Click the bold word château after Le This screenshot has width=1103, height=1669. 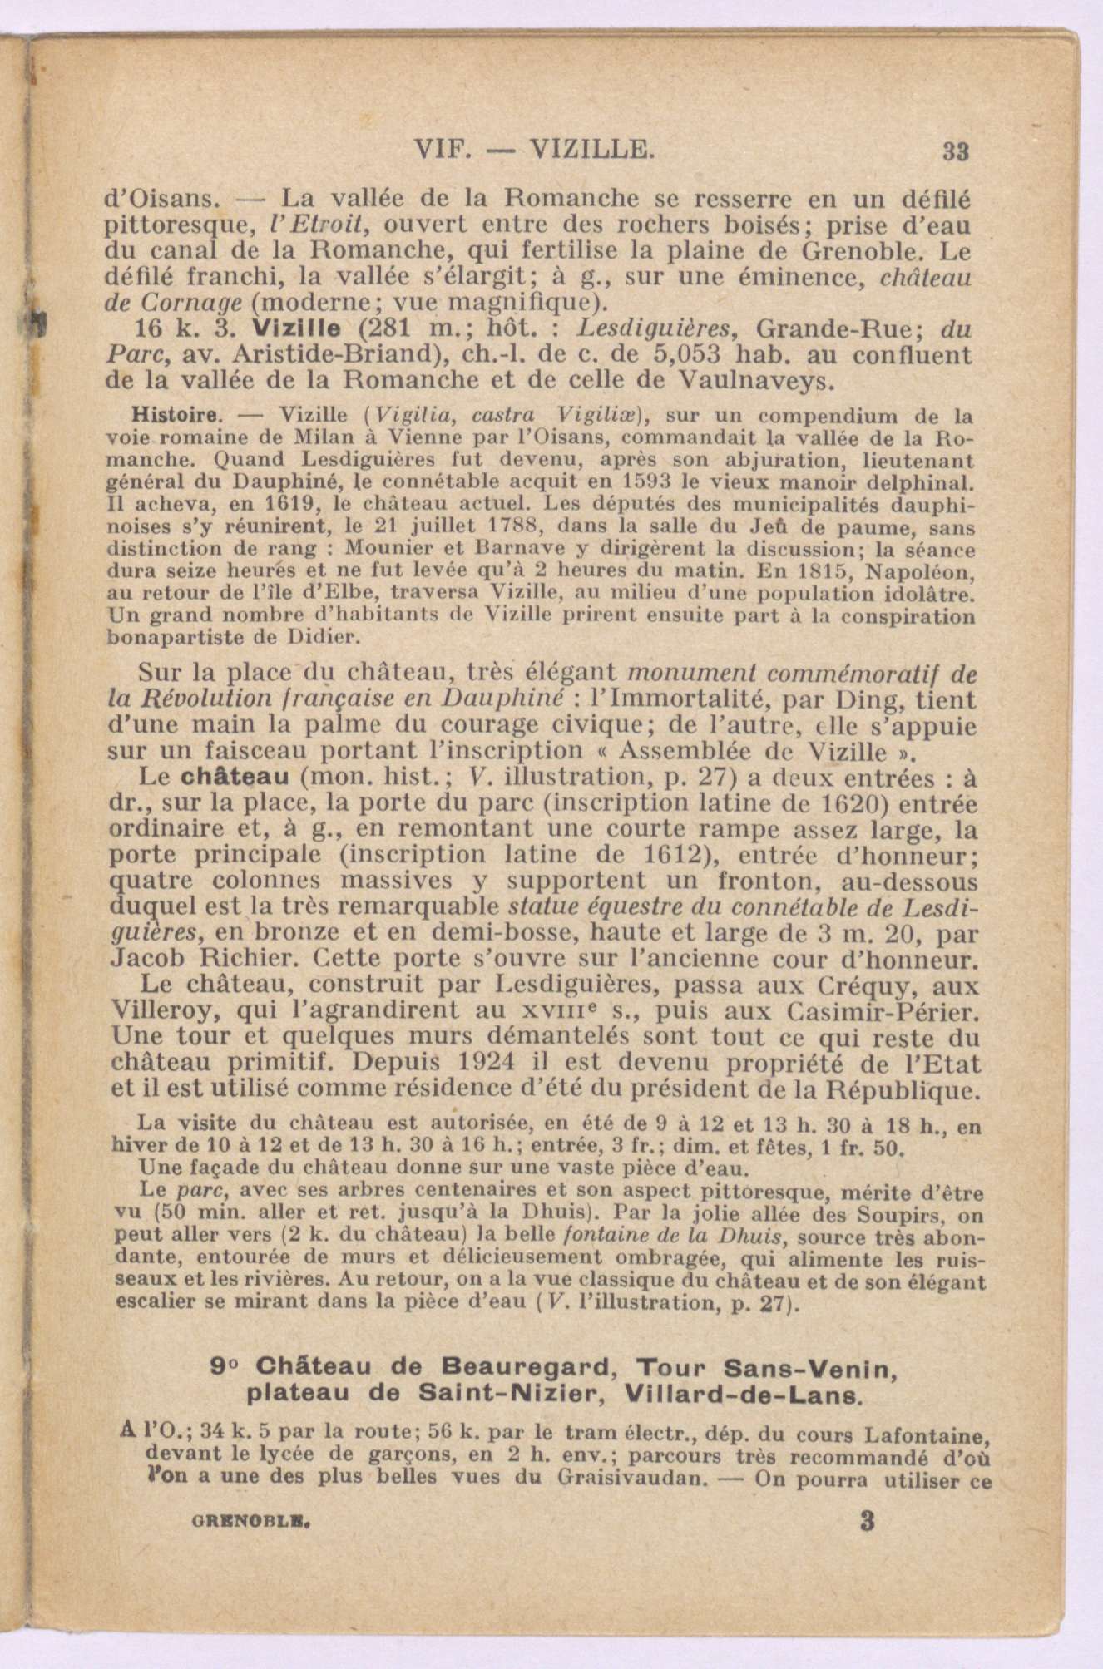pos(235,778)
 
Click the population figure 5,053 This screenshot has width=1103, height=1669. pos(693,355)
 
